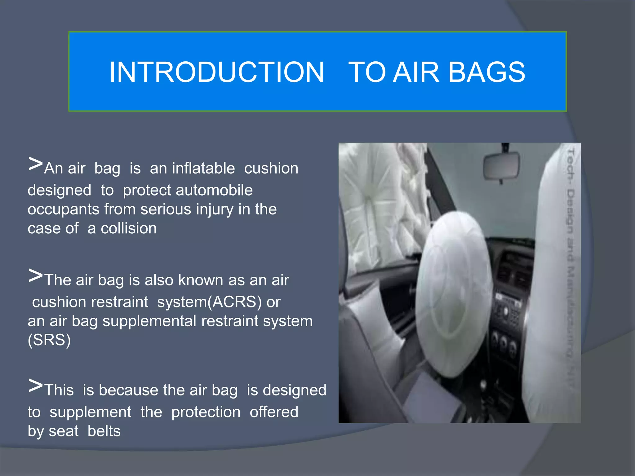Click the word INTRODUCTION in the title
click(x=217, y=72)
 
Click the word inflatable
click(x=203, y=168)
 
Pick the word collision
click(x=129, y=228)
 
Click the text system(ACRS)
click(x=209, y=302)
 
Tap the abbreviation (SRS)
click(x=49, y=340)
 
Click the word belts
click(x=104, y=431)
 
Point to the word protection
click(x=206, y=412)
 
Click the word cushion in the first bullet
click(x=271, y=168)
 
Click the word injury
click(x=215, y=209)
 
